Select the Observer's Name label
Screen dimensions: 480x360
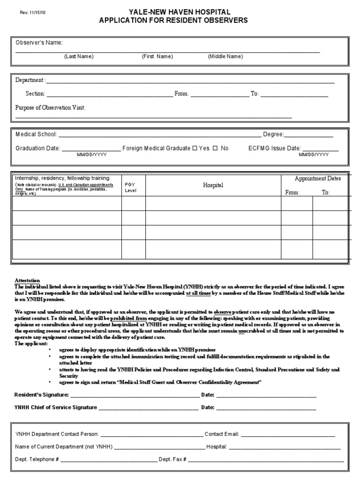coord(39,43)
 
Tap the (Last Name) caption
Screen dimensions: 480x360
coord(79,57)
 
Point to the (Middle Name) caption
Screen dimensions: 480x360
coord(225,57)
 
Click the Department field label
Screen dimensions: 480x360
coord(30,81)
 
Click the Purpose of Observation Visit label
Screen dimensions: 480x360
coord(50,108)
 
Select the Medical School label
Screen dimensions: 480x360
coord(36,135)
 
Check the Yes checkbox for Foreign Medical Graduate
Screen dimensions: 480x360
coord(195,148)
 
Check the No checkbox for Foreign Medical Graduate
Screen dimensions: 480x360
coord(215,148)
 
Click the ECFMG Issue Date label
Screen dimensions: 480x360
coord(274,148)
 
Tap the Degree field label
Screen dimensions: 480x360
coord(273,135)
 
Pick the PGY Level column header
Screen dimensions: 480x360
coord(130,187)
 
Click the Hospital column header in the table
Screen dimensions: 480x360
coord(213,185)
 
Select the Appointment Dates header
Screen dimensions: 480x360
coord(317,179)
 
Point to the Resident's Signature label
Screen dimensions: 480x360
coord(42,395)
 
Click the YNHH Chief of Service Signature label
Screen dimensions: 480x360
coord(56,407)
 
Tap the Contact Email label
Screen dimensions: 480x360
coord(222,435)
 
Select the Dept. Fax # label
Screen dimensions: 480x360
coord(172,460)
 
